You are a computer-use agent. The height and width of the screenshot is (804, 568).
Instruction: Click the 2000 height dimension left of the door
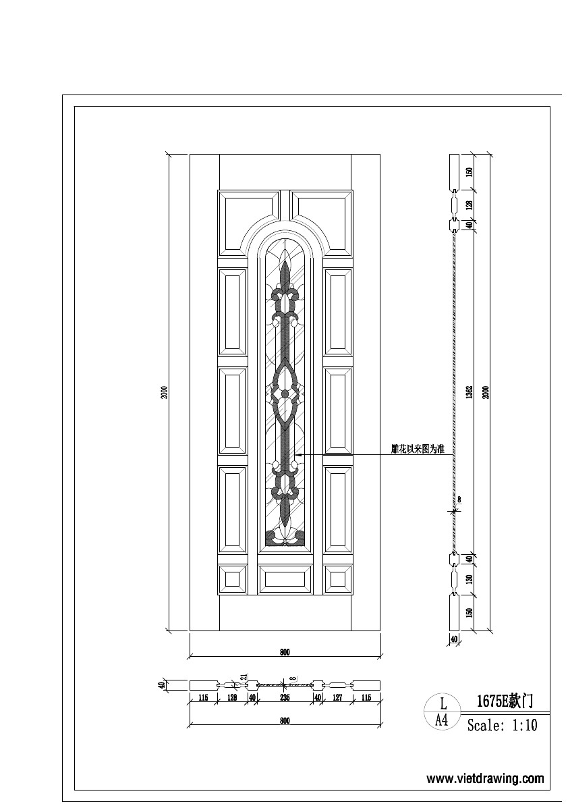tap(164, 392)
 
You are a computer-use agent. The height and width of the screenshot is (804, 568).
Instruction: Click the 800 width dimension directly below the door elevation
tap(285, 652)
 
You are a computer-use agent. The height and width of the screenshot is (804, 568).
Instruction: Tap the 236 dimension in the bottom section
tap(285, 697)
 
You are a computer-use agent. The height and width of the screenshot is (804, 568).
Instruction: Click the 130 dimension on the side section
tap(470, 578)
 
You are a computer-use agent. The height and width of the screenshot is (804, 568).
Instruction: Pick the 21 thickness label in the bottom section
tap(244, 677)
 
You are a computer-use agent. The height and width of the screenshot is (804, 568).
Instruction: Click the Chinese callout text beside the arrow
tap(418, 448)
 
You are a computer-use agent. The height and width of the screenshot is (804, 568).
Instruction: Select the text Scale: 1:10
tap(503, 726)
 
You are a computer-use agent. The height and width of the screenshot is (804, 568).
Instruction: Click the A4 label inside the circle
tap(442, 720)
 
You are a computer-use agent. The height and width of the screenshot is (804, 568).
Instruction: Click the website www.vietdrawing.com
tap(485, 778)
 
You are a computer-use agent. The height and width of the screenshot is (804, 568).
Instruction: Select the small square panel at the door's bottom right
tap(337, 579)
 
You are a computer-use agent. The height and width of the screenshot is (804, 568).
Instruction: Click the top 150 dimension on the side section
tap(470, 171)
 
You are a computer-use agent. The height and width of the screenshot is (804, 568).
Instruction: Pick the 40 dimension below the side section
tap(454, 639)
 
